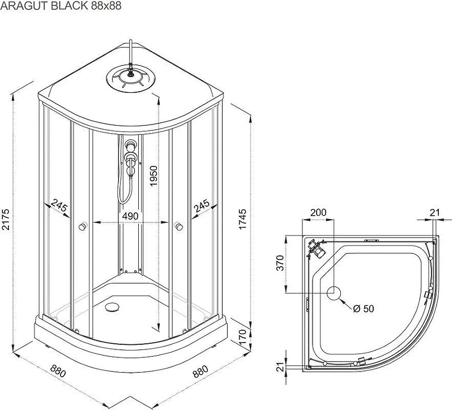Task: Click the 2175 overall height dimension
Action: (6, 219)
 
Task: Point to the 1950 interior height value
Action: (153, 176)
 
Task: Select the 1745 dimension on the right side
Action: (243, 219)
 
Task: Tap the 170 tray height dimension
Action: (243, 335)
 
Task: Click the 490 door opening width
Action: (130, 216)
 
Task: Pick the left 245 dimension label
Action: (59, 206)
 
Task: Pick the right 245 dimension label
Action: (202, 206)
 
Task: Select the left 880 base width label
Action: (58, 371)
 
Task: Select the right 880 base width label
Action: (200, 371)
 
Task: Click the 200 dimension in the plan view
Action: (318, 212)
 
